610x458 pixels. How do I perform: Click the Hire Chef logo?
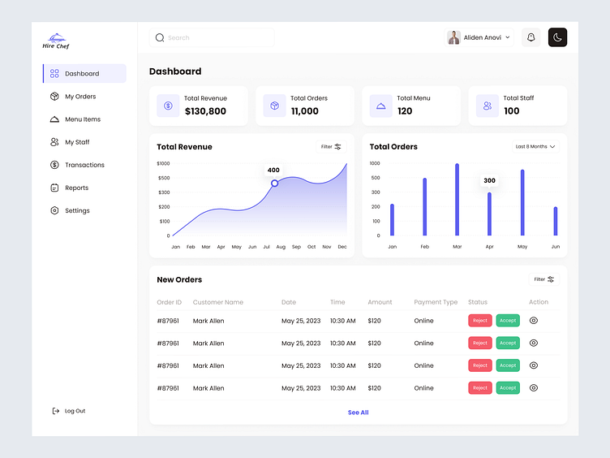coord(56,41)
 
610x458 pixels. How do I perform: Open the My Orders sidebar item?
coord(79,97)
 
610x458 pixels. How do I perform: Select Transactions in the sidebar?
coord(84,165)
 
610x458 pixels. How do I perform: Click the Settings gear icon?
coord(54,210)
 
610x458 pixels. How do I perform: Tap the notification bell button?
coord(531,37)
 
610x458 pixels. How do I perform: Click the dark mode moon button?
coord(557,37)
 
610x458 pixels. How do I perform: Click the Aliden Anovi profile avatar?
coord(454,37)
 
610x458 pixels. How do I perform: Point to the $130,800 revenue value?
coord(205,111)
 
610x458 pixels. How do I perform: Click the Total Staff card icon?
coord(488,106)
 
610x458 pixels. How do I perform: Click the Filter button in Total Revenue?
coord(331,147)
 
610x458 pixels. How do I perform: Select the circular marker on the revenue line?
coord(274,183)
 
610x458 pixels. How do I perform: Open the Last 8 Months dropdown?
coord(535,147)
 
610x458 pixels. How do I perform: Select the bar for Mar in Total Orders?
coord(457,199)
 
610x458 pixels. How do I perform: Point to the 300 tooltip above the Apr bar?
coord(489,180)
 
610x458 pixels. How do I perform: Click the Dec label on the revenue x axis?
coord(342,247)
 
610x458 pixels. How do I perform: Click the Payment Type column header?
coord(436,302)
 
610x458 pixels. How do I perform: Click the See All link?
coord(358,413)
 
